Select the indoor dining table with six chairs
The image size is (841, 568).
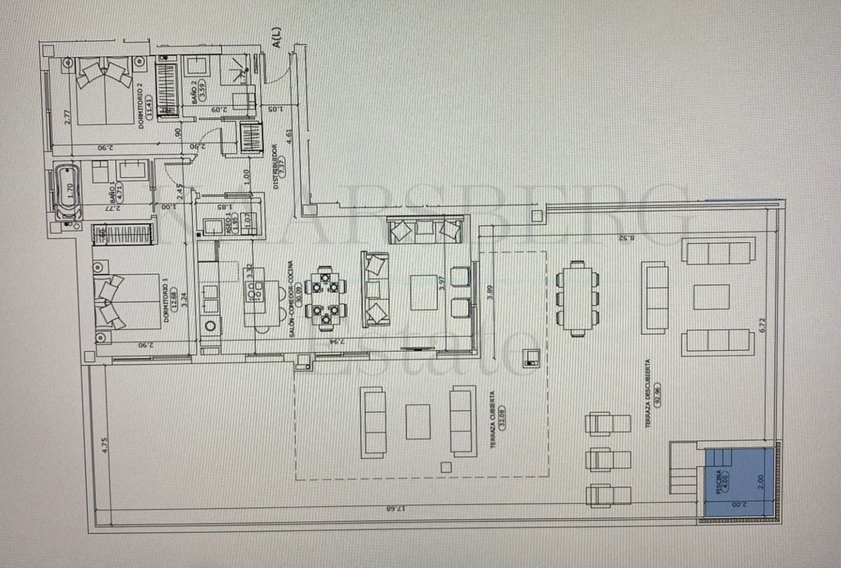coord(325,298)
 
